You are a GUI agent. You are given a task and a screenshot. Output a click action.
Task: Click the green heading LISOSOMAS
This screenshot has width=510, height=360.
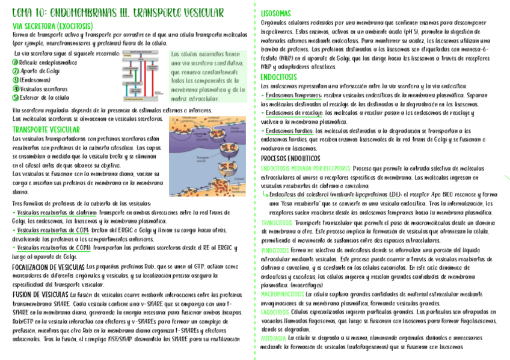point(276,13)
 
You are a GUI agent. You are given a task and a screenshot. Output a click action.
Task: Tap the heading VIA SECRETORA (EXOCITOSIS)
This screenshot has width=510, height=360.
point(53,26)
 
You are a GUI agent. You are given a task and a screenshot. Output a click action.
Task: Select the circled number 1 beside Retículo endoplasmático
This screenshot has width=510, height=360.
point(16,63)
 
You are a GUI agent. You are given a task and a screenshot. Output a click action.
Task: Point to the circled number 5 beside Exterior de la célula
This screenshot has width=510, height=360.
point(16,97)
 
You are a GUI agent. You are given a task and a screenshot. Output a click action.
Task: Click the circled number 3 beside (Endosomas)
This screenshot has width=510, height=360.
point(16,80)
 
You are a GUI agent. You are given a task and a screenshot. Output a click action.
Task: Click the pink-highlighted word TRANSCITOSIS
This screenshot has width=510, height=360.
point(277,222)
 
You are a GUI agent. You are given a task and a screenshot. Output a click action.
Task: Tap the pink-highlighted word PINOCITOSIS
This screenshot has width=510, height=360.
point(275,249)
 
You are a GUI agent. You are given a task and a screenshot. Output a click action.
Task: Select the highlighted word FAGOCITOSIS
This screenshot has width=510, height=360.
point(275,312)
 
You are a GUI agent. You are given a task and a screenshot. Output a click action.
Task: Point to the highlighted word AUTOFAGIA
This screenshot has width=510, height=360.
point(273,339)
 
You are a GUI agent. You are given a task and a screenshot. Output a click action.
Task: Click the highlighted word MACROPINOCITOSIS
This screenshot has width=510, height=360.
point(283,294)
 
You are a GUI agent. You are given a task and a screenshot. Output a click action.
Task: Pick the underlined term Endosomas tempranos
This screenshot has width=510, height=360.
point(293,95)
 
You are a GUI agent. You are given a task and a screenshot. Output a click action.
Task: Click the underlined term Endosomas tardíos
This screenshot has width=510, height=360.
point(288,131)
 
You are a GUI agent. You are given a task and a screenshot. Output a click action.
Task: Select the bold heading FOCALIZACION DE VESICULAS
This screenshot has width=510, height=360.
point(48,266)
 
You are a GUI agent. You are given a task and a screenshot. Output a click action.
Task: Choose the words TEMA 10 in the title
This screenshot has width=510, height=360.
point(26,13)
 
